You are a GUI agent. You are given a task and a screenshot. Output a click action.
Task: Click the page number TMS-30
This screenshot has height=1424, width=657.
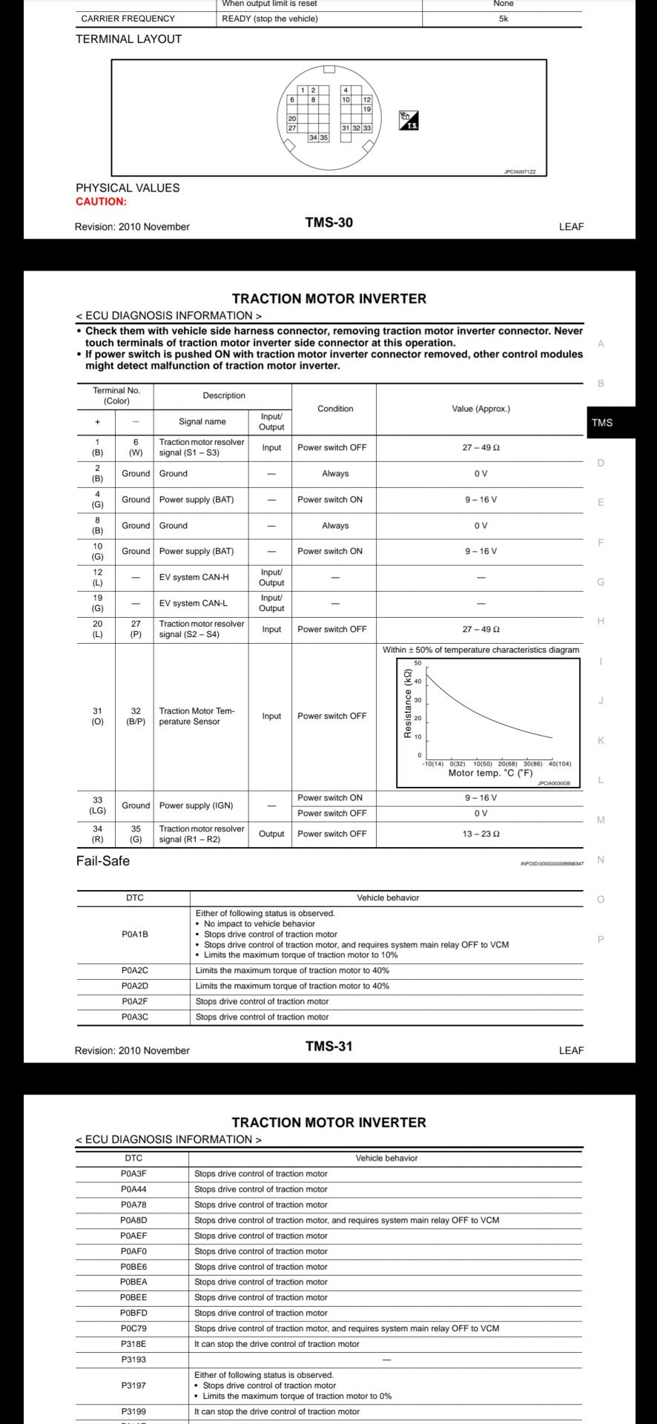(328, 222)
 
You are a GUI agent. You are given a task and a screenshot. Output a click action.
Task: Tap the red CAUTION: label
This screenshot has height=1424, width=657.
(101, 202)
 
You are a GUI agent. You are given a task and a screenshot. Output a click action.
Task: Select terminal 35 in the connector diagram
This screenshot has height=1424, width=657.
(324, 138)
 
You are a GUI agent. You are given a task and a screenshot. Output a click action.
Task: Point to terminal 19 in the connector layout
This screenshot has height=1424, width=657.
(367, 109)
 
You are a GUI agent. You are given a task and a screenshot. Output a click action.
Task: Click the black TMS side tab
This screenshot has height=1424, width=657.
(602, 423)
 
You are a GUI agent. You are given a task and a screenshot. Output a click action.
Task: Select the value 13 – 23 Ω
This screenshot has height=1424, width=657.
(481, 834)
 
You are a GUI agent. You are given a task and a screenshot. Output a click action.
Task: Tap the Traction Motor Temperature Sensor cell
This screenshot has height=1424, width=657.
(197, 716)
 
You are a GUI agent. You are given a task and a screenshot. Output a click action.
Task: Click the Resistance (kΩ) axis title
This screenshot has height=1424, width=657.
(407, 703)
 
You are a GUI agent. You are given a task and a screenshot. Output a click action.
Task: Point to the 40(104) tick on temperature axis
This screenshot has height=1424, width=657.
(560, 764)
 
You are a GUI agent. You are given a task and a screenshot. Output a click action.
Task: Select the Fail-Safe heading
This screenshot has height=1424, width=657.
(102, 861)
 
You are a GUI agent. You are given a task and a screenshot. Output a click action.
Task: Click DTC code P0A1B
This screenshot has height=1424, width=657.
(135, 934)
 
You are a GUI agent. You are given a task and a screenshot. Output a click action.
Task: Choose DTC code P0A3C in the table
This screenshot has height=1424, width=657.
(135, 1017)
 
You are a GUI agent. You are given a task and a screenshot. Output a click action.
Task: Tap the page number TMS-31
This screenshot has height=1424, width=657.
(328, 1046)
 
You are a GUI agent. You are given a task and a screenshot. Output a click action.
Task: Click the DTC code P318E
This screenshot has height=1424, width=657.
(133, 1344)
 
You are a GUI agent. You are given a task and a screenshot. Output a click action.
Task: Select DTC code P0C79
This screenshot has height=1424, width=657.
(133, 1328)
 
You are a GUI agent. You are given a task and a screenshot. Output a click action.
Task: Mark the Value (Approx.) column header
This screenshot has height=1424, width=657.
(481, 409)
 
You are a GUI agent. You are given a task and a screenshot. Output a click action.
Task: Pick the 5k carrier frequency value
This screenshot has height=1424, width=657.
(504, 19)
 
